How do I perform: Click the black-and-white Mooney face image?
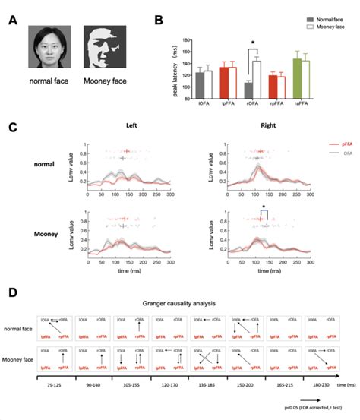pyautogui.click(x=103, y=48)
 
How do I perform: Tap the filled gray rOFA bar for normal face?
pyautogui.click(x=248, y=90)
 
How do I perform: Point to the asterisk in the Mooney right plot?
pyautogui.click(x=263, y=207)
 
